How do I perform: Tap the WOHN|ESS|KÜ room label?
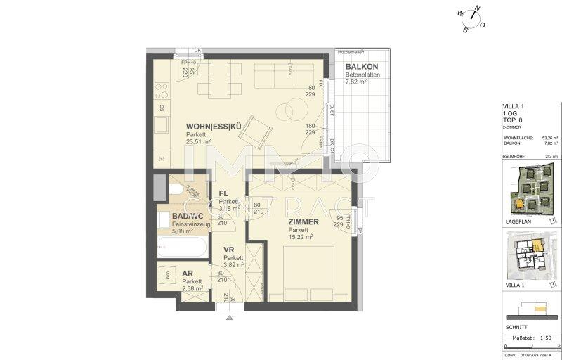point(208,127)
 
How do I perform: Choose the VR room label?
point(229,250)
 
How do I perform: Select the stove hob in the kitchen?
point(161,89)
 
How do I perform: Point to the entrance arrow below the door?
point(229,318)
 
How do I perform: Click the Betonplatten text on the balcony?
point(362,75)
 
